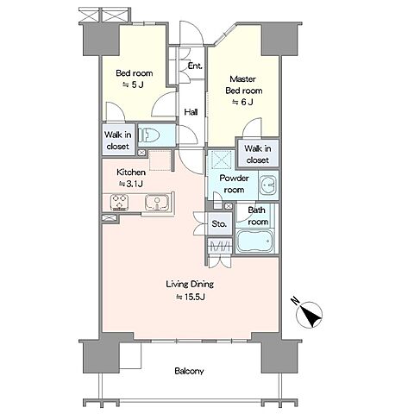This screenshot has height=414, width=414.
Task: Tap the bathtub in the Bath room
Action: (x=254, y=241)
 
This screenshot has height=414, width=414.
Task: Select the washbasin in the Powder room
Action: (x=268, y=185)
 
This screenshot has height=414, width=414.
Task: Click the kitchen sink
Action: (x=157, y=202)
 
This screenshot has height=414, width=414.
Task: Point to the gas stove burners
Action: (x=119, y=202)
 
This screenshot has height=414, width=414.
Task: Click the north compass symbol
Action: (x=309, y=315)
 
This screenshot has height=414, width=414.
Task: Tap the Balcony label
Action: (x=189, y=371)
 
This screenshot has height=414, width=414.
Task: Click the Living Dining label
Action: (x=190, y=284)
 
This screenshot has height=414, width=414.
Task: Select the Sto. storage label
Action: (x=219, y=223)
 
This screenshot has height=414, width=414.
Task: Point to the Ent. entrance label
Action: (x=195, y=66)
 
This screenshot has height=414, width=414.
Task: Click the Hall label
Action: (x=191, y=112)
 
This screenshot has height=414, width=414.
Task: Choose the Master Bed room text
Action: (x=243, y=85)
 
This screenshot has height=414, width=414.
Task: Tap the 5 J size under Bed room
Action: (x=134, y=85)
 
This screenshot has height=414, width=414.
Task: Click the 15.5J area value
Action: (x=191, y=297)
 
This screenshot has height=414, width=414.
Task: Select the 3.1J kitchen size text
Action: (x=131, y=184)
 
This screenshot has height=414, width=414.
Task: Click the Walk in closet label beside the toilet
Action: (x=118, y=141)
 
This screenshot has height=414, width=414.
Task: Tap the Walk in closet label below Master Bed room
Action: (x=258, y=154)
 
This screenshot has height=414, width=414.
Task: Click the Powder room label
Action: (x=234, y=184)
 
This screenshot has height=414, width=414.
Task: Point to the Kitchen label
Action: (x=131, y=172)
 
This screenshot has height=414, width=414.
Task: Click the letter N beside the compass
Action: (x=295, y=301)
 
